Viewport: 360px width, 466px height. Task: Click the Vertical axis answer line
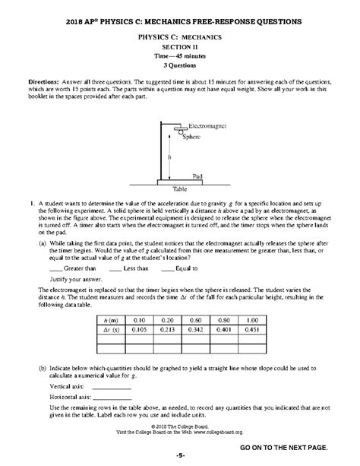click(x=109, y=387)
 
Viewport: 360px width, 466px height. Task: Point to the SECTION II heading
click(x=180, y=45)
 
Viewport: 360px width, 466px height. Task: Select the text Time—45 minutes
click(x=180, y=55)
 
